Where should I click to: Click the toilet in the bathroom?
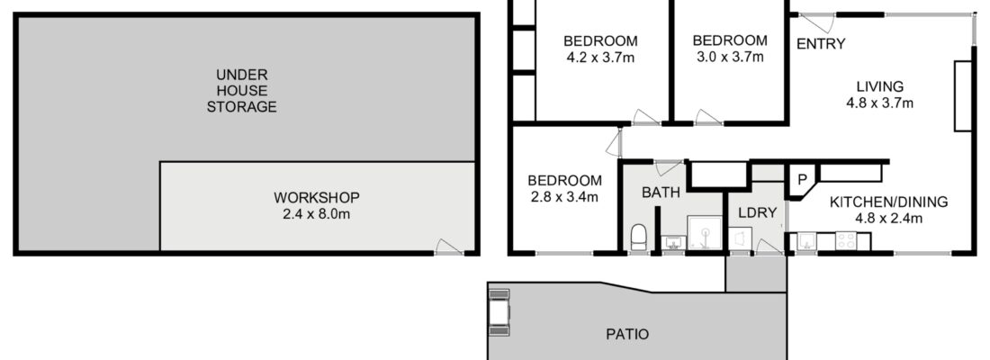tap(639, 238)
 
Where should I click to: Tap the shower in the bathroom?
tap(704, 234)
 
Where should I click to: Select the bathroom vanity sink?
tap(673, 242)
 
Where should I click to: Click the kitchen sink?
tap(805, 240)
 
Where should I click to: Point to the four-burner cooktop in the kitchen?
tap(845, 240)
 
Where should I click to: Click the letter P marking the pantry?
tap(802, 179)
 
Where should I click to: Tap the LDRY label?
tap(757, 212)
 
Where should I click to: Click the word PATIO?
tap(627, 334)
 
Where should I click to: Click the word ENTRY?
tap(821, 43)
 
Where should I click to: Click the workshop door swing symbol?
tap(449, 247)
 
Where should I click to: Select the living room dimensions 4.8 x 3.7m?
tap(880, 103)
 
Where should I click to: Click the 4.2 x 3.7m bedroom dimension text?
tap(600, 58)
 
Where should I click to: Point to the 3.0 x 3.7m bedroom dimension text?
tap(730, 58)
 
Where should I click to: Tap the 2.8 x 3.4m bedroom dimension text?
tap(564, 197)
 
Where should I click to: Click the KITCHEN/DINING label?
tap(888, 202)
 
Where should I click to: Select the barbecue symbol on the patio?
tap(499, 311)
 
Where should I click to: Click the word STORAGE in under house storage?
tap(242, 107)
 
